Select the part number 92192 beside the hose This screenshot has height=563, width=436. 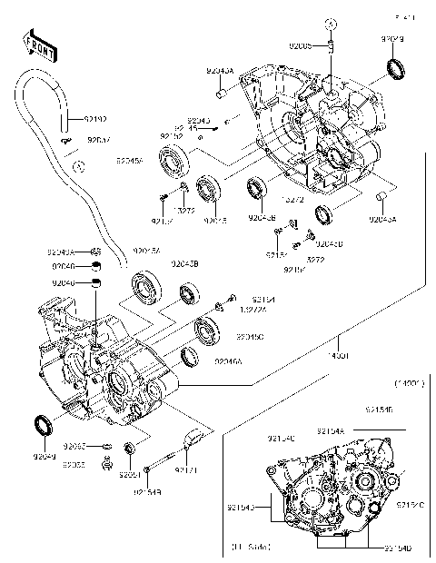[x=95, y=118]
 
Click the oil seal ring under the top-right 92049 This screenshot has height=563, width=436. [x=395, y=67]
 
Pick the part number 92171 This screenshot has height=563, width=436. [x=186, y=470]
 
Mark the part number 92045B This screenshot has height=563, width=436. [x=173, y=263]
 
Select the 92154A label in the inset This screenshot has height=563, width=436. [x=332, y=430]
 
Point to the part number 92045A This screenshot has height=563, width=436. [x=130, y=161]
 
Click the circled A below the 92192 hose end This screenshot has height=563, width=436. [x=79, y=167]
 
